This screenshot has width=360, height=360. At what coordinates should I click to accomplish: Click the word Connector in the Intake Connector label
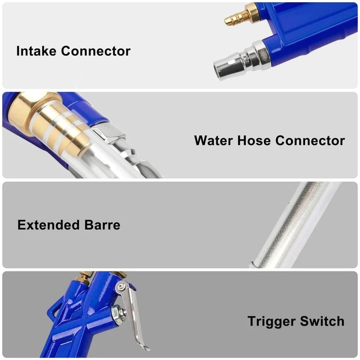(x=96, y=51)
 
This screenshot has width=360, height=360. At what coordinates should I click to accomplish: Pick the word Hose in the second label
(x=256, y=140)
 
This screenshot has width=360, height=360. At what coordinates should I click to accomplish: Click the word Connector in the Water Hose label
(x=310, y=140)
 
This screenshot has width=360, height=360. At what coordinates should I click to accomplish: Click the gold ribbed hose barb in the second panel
(x=65, y=128)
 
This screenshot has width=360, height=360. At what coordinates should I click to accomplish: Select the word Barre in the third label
(x=103, y=225)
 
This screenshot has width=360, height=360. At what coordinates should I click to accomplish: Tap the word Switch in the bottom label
(x=323, y=321)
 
